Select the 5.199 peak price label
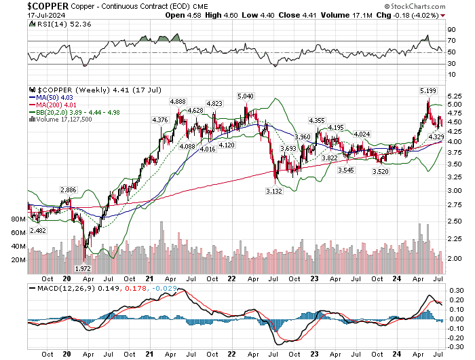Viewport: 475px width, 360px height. click(428, 90)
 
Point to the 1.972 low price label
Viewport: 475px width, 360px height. click(83, 269)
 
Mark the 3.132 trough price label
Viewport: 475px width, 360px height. click(274, 192)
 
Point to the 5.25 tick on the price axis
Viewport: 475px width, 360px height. click(456, 95)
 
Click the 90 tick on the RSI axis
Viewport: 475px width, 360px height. click(451, 31)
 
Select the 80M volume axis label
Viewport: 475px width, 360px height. click(18, 219)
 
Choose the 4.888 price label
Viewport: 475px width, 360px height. click(177, 101)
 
